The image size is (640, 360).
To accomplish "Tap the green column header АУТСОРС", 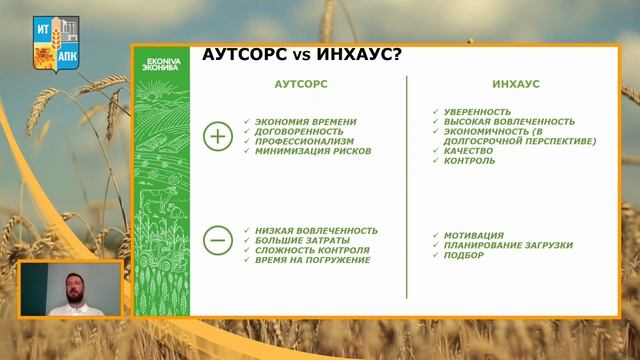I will pyautogui.click(x=301, y=85).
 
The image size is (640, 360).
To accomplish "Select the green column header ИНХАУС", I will pyautogui.click(x=516, y=85).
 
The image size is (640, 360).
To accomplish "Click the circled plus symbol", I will pyautogui.click(x=217, y=137).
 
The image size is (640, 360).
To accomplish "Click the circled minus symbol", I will pyautogui.click(x=217, y=240).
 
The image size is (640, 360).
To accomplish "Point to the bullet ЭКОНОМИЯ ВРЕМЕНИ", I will pyautogui.click(x=305, y=122).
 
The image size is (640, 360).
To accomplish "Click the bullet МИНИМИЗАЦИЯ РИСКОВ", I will pyautogui.click(x=313, y=152).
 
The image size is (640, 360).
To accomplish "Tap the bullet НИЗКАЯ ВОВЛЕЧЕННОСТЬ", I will pyautogui.click(x=316, y=230).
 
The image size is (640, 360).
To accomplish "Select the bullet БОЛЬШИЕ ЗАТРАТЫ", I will pyautogui.click(x=301, y=240).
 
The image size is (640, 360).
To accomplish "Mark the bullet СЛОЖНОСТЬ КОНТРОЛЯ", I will pyautogui.click(x=312, y=250).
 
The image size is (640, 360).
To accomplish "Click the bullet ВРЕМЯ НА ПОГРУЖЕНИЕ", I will pyautogui.click(x=312, y=260).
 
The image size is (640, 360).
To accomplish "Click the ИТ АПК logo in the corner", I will pyautogui.click(x=56, y=41).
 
